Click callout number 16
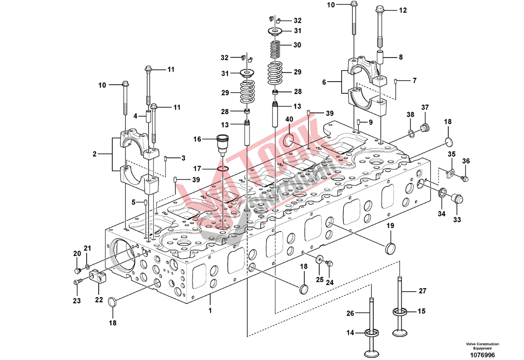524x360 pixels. tap(197, 139)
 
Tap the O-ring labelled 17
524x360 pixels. tap(224, 168)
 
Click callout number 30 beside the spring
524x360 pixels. tap(297, 45)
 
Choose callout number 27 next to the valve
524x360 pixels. tap(422, 291)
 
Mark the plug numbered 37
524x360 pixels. tap(425, 128)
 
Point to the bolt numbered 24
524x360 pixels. tap(330, 263)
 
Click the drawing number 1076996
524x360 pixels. tap(482, 355)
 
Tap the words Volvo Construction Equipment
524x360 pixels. tap(482, 346)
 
